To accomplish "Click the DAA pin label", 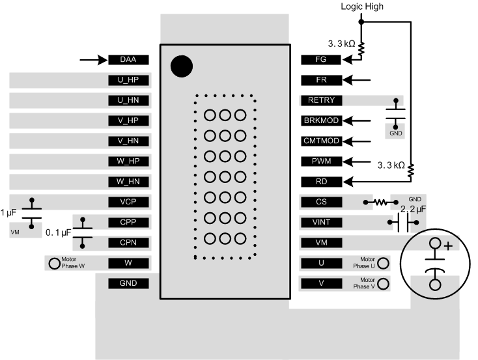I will pyautogui.click(x=128, y=60).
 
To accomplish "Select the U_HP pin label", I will pyautogui.click(x=128, y=80).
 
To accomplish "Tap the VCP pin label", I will pyautogui.click(x=128, y=202).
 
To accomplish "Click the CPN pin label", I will pyautogui.click(x=128, y=242).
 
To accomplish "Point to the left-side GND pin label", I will pyautogui.click(x=128, y=283).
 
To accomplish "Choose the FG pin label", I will pyautogui.click(x=320, y=60).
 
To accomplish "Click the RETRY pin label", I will pyautogui.click(x=320, y=100).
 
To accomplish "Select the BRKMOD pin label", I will pyautogui.click(x=320, y=120).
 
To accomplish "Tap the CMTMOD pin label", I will pyautogui.click(x=320, y=141).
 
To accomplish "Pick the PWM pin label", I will pyautogui.click(x=320, y=161).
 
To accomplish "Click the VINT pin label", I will pyautogui.click(x=320, y=222).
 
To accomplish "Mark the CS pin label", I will pyautogui.click(x=320, y=202).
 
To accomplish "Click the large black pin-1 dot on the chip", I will pyautogui.click(x=181, y=66).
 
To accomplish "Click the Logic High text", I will pyautogui.click(x=362, y=7).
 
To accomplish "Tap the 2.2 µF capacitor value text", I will pyautogui.click(x=413, y=209).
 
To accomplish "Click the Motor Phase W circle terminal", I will pyautogui.click(x=53, y=263).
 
